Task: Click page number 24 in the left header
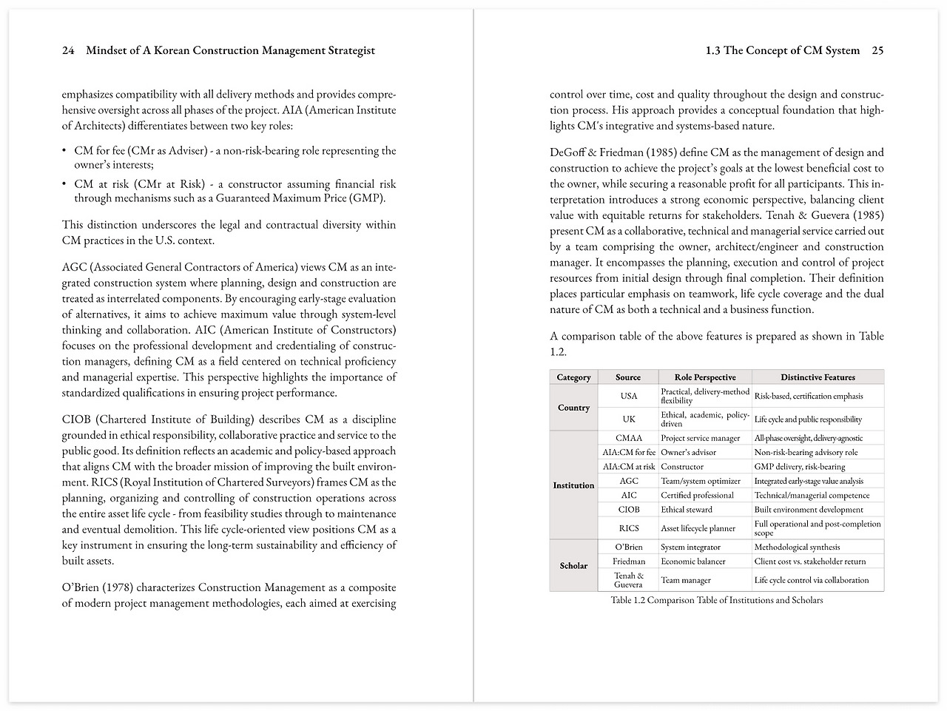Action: click(68, 51)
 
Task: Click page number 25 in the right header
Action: click(877, 51)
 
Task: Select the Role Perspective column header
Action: click(705, 377)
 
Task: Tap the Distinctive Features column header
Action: click(818, 377)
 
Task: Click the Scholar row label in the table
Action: click(573, 566)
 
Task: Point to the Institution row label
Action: click(573, 485)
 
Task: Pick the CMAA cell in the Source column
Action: click(628, 438)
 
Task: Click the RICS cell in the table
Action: click(628, 528)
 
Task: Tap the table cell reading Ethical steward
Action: click(687, 510)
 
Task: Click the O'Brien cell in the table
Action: click(628, 547)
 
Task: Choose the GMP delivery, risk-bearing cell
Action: click(800, 467)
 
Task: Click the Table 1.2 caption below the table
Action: click(716, 600)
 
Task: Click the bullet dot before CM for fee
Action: click(65, 151)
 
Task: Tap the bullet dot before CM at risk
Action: click(65, 184)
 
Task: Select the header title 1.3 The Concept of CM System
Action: click(783, 51)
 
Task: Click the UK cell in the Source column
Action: click(628, 419)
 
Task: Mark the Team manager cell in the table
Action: click(686, 581)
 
